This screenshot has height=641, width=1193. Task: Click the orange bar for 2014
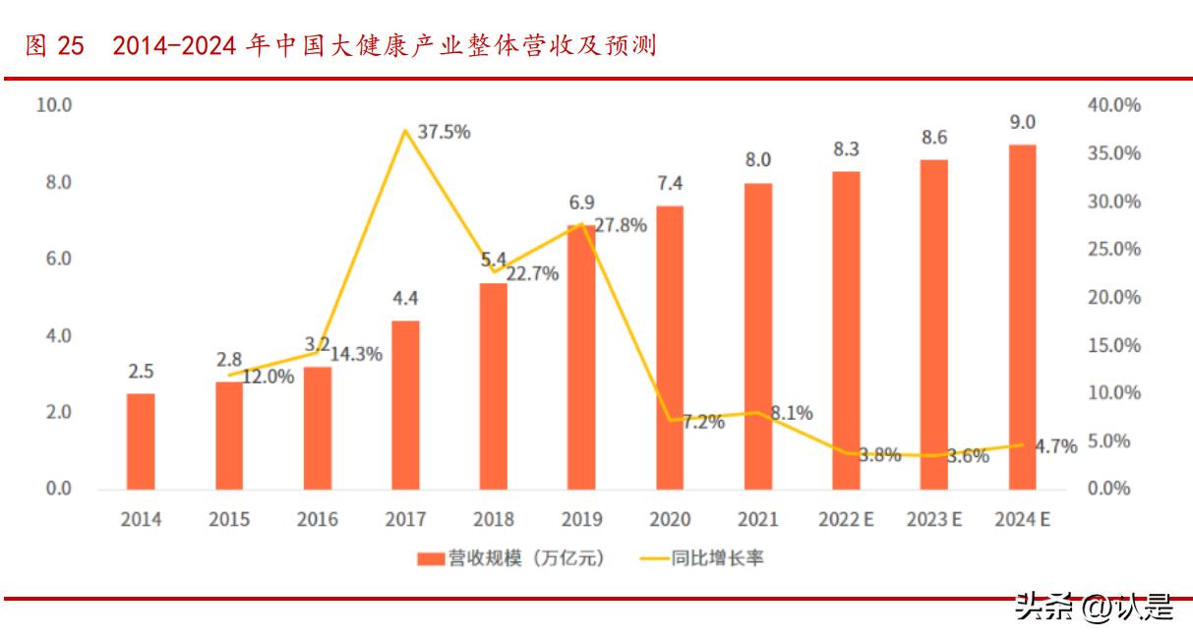click(141, 441)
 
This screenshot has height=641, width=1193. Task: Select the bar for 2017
click(405, 405)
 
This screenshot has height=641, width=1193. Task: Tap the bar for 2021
click(757, 336)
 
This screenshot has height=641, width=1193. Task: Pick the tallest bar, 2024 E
click(1022, 317)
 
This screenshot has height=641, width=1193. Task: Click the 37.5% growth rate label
click(444, 132)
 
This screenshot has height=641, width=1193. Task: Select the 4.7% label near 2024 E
click(1056, 446)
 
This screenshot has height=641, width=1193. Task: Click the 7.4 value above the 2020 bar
click(670, 183)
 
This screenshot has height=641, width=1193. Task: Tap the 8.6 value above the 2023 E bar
click(934, 137)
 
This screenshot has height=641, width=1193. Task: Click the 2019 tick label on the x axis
click(581, 520)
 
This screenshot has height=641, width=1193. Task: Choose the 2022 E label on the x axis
click(845, 520)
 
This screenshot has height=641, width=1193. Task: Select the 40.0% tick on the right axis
click(1113, 105)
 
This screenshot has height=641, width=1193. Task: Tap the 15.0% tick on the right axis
click(1113, 345)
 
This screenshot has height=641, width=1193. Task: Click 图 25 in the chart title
click(54, 46)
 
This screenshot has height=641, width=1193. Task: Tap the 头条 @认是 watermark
click(1094, 608)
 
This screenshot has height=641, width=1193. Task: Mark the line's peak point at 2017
click(405, 130)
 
